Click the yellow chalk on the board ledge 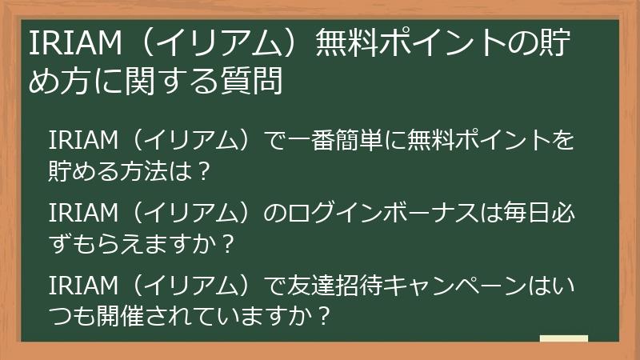[x=564, y=338]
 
